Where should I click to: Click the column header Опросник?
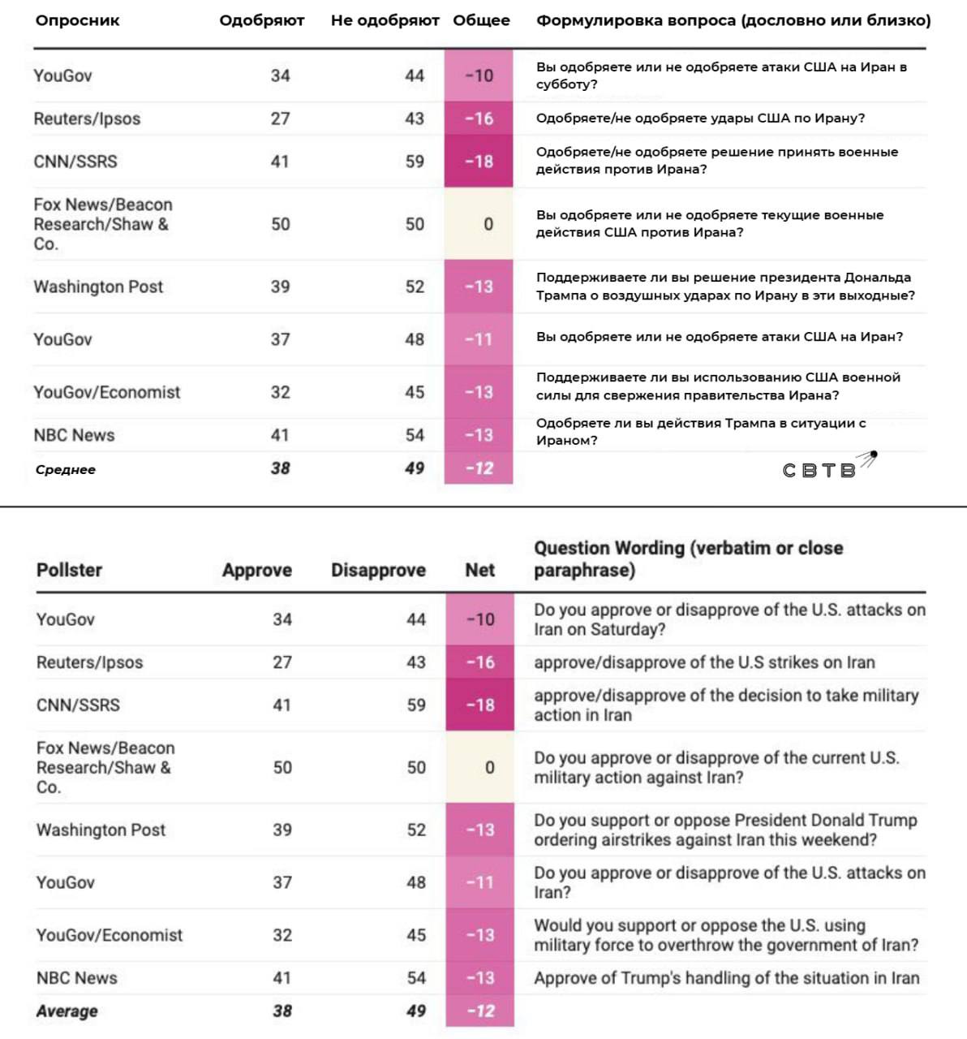click(x=77, y=20)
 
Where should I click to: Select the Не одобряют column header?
click(x=385, y=20)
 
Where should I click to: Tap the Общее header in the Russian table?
click(x=481, y=20)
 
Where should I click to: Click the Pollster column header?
click(x=69, y=570)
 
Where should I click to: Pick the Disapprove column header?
click(x=378, y=570)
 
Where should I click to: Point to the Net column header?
click(x=479, y=570)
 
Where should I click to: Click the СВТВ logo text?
click(x=819, y=471)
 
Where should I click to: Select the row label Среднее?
click(x=66, y=469)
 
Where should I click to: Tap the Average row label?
click(x=67, y=1011)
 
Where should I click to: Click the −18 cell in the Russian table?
click(x=479, y=162)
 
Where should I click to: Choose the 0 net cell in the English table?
click(x=489, y=767)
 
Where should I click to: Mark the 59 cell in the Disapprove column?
click(x=416, y=705)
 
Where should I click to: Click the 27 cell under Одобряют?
click(x=280, y=119)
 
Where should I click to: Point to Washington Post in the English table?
click(x=101, y=830)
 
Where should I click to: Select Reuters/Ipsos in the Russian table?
click(x=87, y=119)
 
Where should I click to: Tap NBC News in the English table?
click(x=76, y=977)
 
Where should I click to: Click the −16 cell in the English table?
click(x=479, y=662)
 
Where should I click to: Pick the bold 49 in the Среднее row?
click(x=415, y=468)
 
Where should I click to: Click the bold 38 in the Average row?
click(x=282, y=1011)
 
